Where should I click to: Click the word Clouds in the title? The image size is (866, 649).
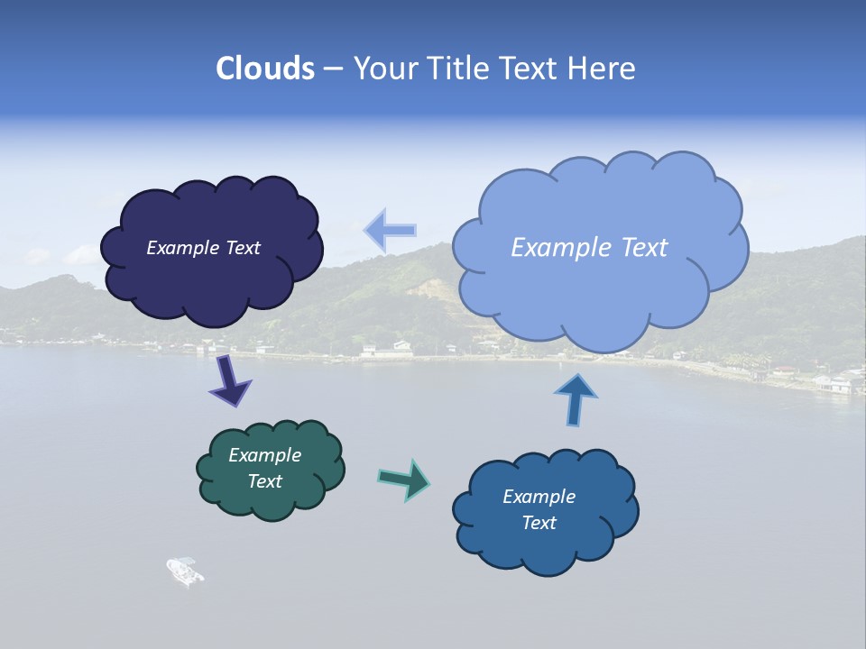pyautogui.click(x=264, y=69)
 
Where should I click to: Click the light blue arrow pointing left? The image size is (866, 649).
pyautogui.click(x=390, y=230)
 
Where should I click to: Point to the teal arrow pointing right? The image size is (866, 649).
pyautogui.click(x=404, y=479)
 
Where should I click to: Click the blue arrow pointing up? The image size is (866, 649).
pyautogui.click(x=575, y=398)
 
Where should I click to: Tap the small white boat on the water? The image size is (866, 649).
pyautogui.click(x=185, y=571)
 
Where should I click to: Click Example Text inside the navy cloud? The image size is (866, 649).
pyautogui.click(x=204, y=248)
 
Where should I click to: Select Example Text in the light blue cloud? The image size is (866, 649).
pyautogui.click(x=589, y=248)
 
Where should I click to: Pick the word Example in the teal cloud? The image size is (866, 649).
pyautogui.click(x=265, y=455)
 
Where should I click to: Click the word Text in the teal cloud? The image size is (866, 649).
pyautogui.click(x=265, y=481)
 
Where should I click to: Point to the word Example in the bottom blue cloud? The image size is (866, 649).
pyautogui.click(x=539, y=497)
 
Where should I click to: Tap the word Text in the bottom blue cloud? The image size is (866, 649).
pyautogui.click(x=539, y=523)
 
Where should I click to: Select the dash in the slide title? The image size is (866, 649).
pyautogui.click(x=332, y=69)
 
